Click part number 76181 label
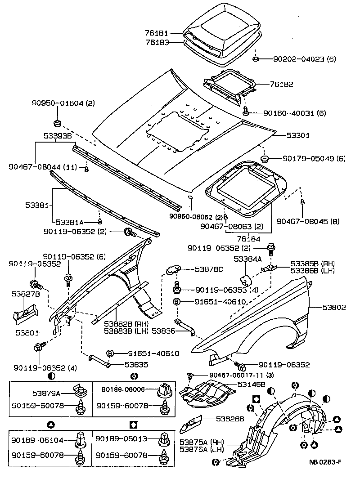157,33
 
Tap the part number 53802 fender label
334,307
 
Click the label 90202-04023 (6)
305,59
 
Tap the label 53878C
209,269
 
